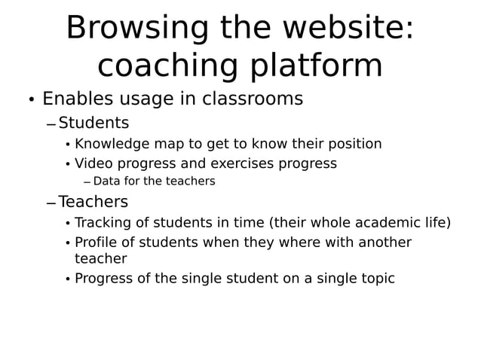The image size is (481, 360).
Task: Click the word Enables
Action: pos(78,99)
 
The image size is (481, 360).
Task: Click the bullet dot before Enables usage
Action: pos(31,101)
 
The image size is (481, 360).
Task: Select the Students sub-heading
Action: pos(93,123)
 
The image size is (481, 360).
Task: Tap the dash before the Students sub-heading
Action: pos(51,124)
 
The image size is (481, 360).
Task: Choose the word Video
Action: pos(92,163)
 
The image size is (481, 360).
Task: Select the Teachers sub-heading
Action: pos(93,202)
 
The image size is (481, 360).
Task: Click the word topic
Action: pos(377,279)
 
